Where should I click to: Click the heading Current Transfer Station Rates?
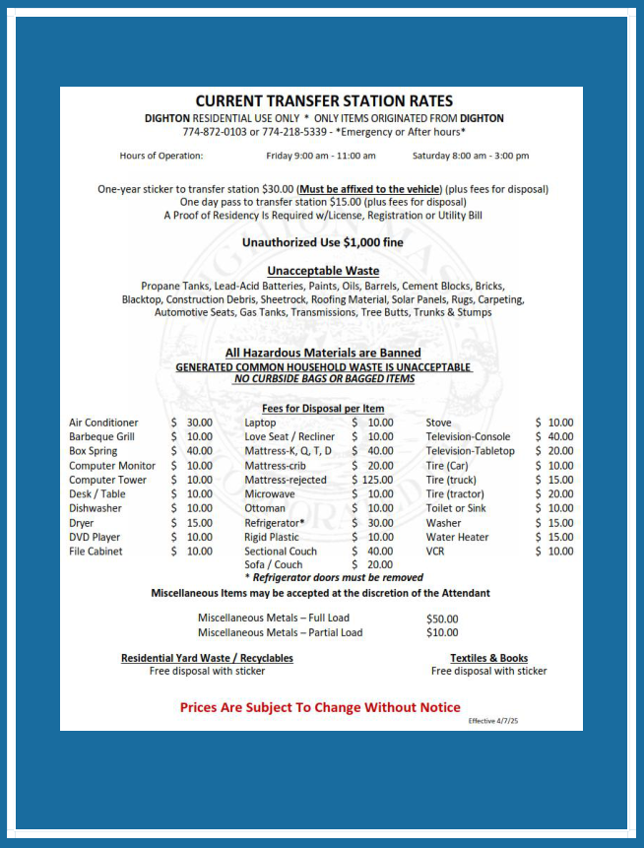(324, 101)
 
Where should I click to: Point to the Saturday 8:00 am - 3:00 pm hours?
(471, 156)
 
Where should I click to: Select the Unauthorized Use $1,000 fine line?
(323, 242)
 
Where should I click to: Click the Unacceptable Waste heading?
(323, 271)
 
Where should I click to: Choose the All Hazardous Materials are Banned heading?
(323, 353)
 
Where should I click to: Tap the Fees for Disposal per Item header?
(323, 408)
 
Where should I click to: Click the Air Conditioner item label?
(103, 423)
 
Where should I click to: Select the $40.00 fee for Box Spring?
(193, 451)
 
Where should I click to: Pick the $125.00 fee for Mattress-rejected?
(372, 480)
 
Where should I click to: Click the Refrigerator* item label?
(275, 523)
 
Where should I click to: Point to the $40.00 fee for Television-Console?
(554, 436)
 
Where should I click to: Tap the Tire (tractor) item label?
(455, 494)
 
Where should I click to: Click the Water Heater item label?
(457, 537)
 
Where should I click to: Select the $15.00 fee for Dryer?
(193, 523)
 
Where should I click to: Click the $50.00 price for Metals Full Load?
(442, 619)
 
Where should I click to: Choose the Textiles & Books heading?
(488, 658)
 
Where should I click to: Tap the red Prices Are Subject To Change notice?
(320, 707)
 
